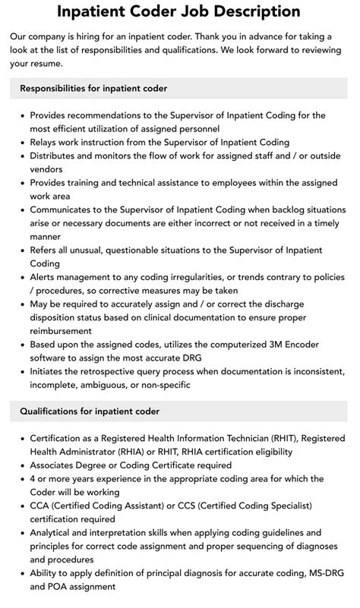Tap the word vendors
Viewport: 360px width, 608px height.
click(x=46, y=169)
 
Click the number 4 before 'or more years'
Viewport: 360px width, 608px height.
click(x=33, y=479)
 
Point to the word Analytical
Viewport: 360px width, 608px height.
click(x=55, y=533)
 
